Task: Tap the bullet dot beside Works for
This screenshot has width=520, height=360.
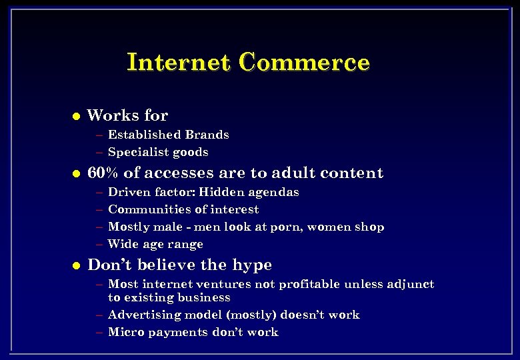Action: (x=76, y=116)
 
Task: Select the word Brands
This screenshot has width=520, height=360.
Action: (x=207, y=135)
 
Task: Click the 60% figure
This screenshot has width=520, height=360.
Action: (x=103, y=173)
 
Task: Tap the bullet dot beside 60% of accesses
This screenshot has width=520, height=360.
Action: (x=76, y=174)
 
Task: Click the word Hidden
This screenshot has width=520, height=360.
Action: (x=222, y=192)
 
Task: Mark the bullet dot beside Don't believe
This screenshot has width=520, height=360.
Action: (x=76, y=266)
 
